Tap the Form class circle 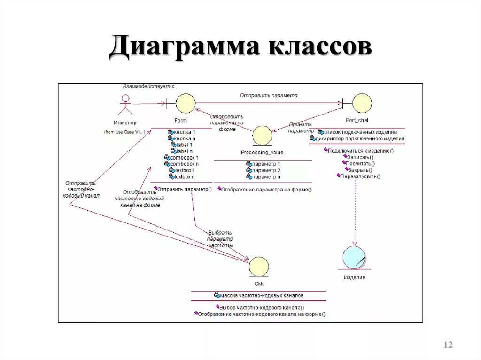click(185, 103)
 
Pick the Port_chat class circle click(362, 103)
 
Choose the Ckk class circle click(259, 267)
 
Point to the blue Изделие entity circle click(354, 257)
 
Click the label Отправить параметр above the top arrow click(269, 95)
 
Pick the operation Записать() click(359, 157)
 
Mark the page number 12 click(448, 345)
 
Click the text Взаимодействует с click(148, 87)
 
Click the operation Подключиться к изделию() click(359, 151)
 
